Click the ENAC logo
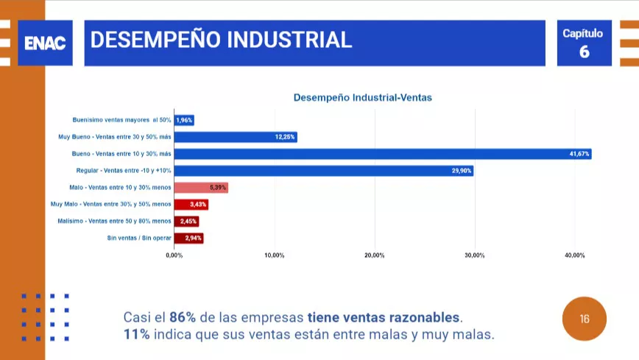pyautogui.click(x=45, y=43)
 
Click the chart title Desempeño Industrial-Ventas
pyautogui.click(x=363, y=97)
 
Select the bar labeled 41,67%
pyautogui.click(x=383, y=154)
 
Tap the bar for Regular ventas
pyautogui.click(x=323, y=171)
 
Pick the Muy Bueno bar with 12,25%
pyautogui.click(x=236, y=137)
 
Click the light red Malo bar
pyautogui.click(x=201, y=188)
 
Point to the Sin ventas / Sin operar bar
pyautogui.click(x=188, y=238)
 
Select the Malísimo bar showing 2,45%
pyautogui.click(x=186, y=221)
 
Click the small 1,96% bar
pyautogui.click(x=184, y=120)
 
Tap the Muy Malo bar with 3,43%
pyautogui.click(x=191, y=204)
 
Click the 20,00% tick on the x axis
pyautogui.click(x=374, y=255)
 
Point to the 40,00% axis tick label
pyautogui.click(x=574, y=255)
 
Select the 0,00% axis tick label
pyautogui.click(x=174, y=255)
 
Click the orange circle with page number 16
pyautogui.click(x=585, y=320)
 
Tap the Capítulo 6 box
pyautogui.click(x=585, y=43)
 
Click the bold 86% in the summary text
pyautogui.click(x=183, y=318)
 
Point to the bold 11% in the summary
pyautogui.click(x=137, y=335)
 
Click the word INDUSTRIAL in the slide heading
pyautogui.click(x=289, y=40)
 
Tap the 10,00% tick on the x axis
pyautogui.click(x=274, y=255)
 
